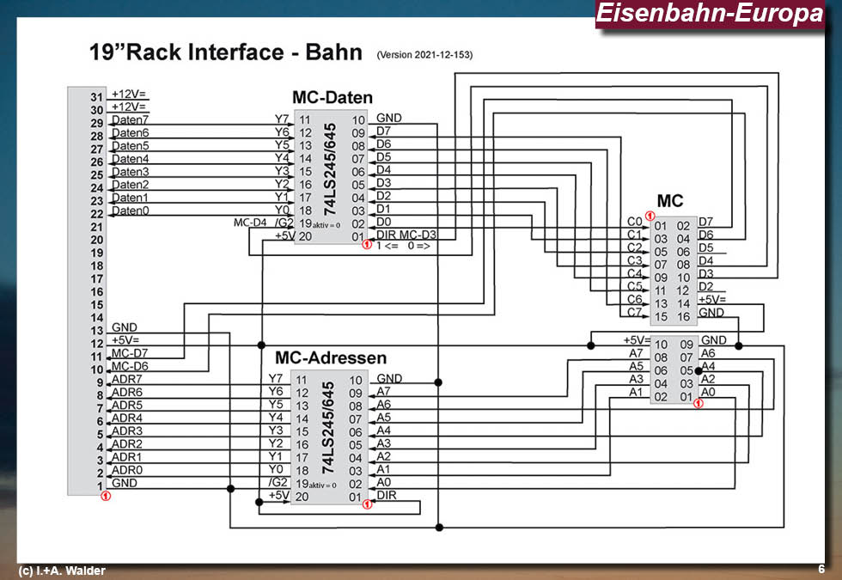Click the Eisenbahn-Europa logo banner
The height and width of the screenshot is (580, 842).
tap(709, 14)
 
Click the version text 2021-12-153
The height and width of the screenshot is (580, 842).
tap(424, 55)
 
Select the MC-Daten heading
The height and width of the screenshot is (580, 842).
tap(333, 97)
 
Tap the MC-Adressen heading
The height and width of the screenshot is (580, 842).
tap(331, 357)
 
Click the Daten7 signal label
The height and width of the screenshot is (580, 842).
tap(130, 119)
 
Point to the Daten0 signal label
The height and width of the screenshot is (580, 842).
tap(130, 211)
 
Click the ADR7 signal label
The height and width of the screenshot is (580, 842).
tap(127, 379)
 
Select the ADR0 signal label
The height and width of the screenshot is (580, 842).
tap(127, 470)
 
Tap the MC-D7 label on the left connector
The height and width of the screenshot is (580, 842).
tap(129, 353)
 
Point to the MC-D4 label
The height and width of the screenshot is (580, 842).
tap(250, 223)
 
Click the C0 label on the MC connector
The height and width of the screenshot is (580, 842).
tap(634, 222)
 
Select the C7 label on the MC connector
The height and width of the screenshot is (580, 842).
tap(634, 313)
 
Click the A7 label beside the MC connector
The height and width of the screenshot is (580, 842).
tap(636, 353)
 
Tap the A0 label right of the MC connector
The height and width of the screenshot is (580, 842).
tap(708, 392)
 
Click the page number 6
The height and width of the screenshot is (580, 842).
tap(821, 569)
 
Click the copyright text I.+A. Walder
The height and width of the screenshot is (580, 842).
tap(62, 571)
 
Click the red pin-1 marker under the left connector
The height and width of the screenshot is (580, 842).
tap(105, 496)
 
